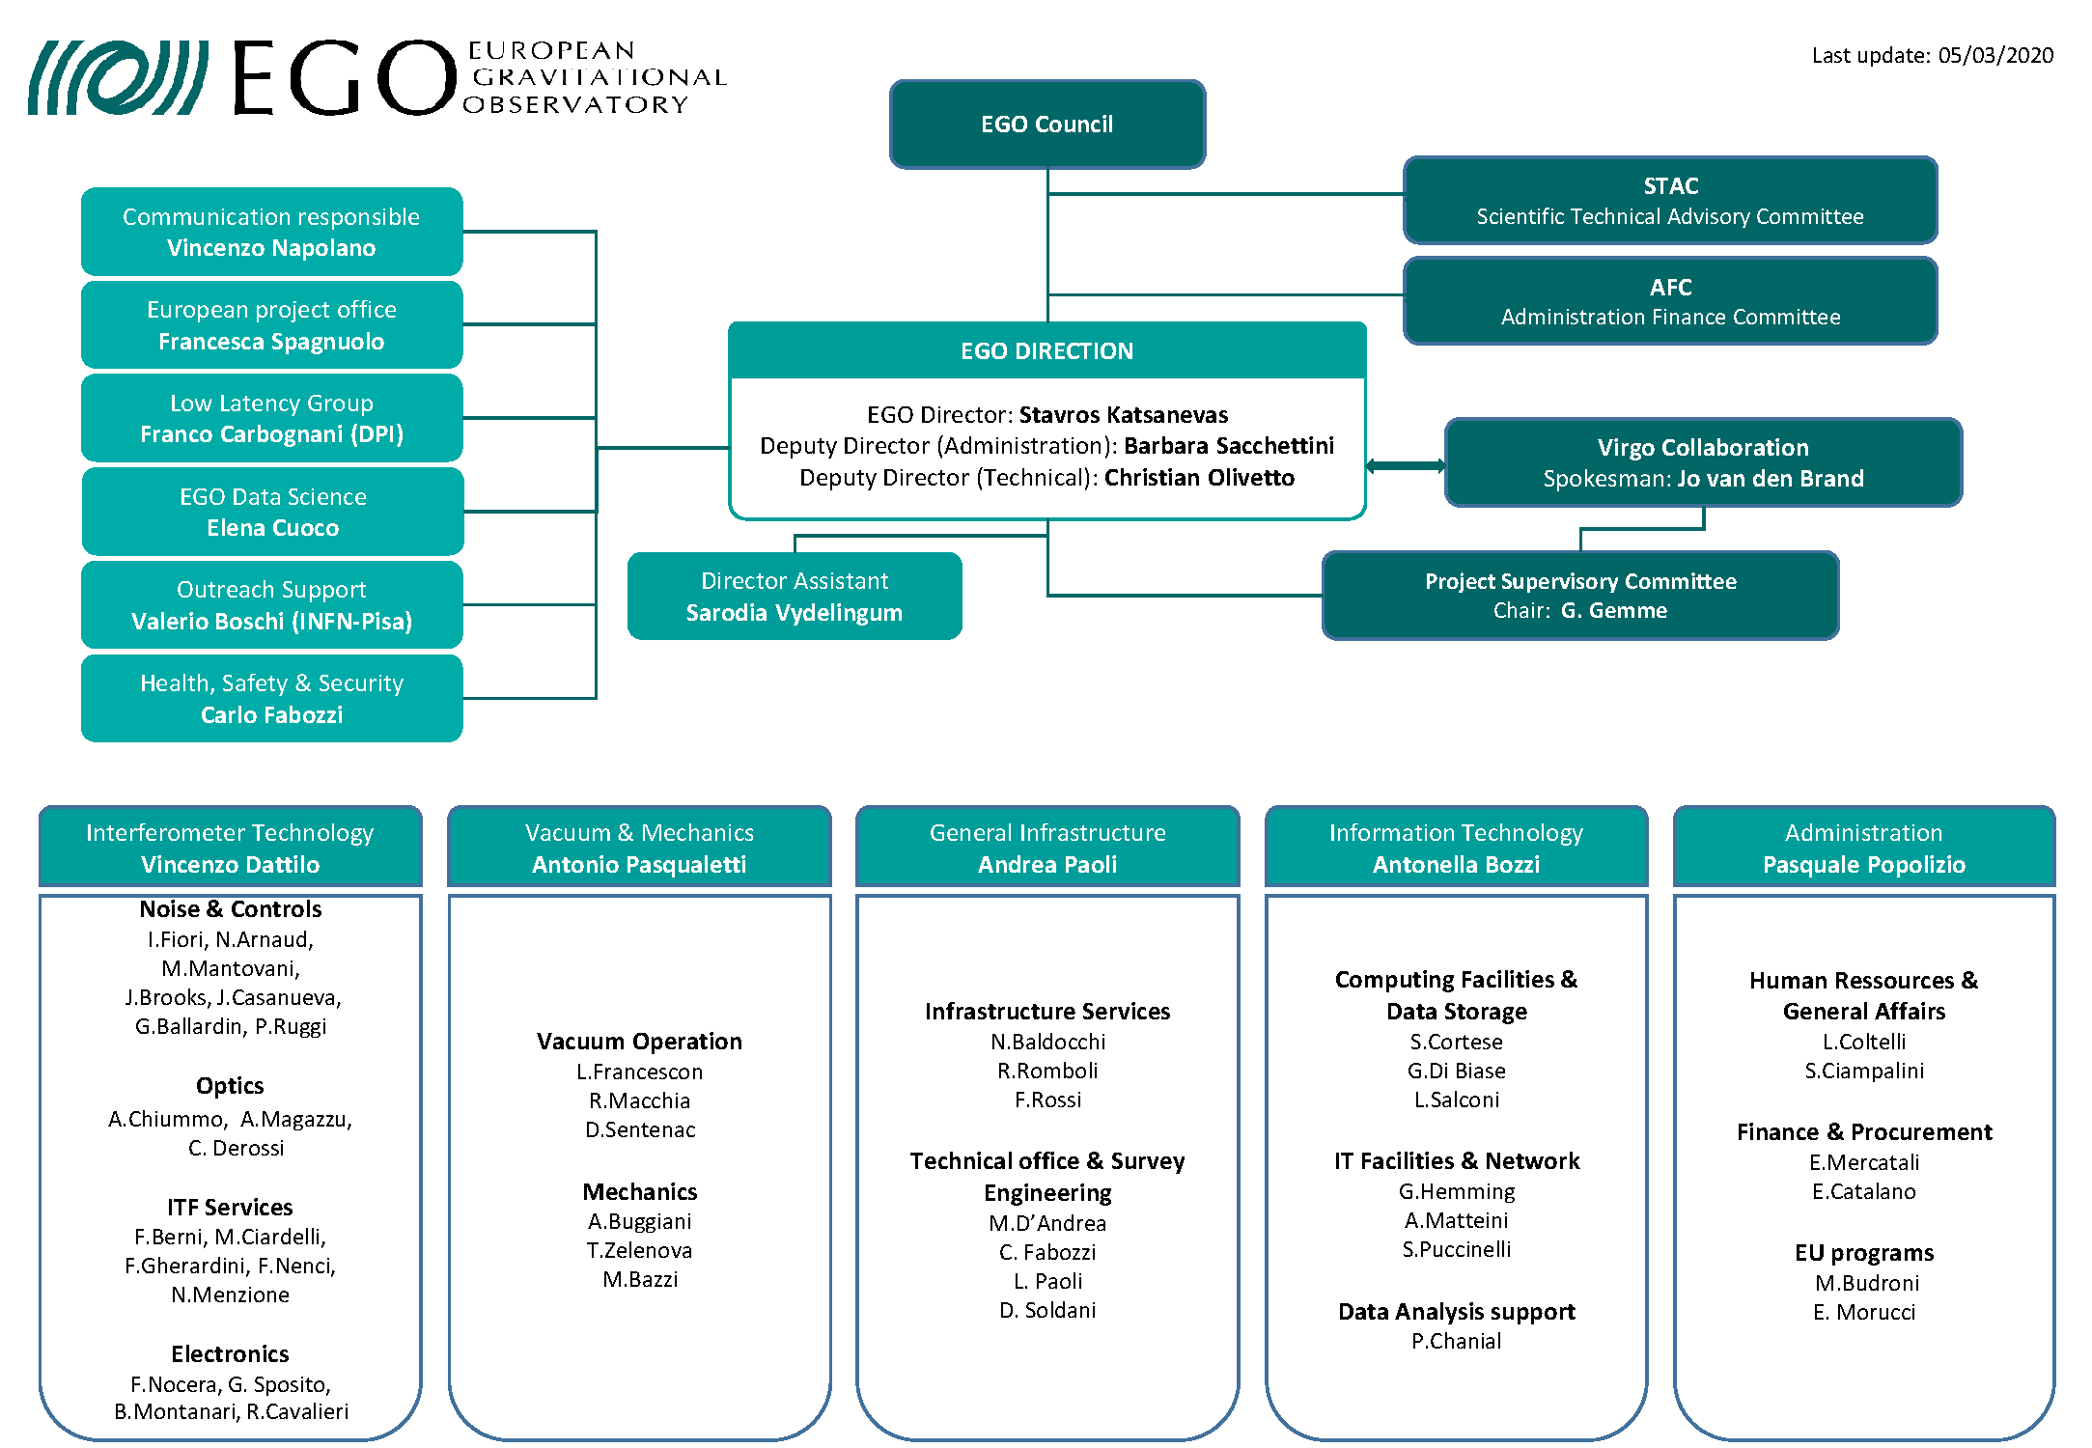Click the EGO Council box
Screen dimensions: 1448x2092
(x=1046, y=125)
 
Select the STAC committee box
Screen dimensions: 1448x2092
(x=1669, y=200)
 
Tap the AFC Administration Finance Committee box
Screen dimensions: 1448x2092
(x=1669, y=301)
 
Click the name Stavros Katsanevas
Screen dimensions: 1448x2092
(x=1124, y=415)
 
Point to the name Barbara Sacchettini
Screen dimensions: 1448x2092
(x=1228, y=446)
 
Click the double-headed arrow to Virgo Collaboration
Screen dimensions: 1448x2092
(x=1406, y=466)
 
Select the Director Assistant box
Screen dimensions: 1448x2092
(x=794, y=596)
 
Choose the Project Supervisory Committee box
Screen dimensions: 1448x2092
(x=1579, y=595)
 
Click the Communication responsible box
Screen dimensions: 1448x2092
(x=271, y=232)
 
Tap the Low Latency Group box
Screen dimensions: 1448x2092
(x=271, y=418)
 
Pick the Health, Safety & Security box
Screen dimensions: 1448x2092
(x=271, y=698)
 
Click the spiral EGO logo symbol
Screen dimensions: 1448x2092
(x=118, y=77)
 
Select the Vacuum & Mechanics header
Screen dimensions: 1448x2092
(x=639, y=847)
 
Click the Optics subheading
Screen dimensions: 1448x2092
(x=230, y=1086)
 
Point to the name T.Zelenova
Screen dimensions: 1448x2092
(x=639, y=1251)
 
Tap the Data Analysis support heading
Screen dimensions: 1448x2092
(x=1456, y=1312)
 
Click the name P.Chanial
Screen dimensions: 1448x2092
(x=1456, y=1342)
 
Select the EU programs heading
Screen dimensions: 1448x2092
(x=1863, y=1253)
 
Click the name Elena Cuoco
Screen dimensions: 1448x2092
(x=272, y=528)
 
